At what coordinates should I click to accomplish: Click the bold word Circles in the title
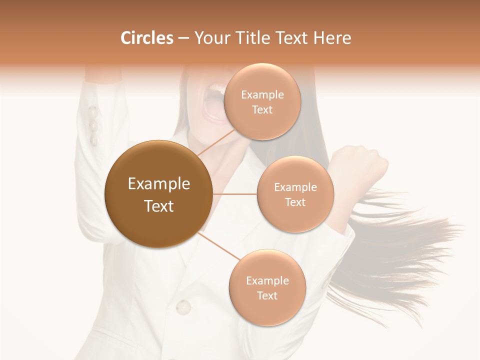(x=146, y=38)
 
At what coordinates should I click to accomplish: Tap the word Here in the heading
(x=333, y=38)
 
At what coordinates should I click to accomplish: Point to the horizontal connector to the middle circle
(x=235, y=194)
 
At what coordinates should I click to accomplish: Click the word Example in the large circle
(x=159, y=184)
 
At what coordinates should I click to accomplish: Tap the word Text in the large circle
(x=159, y=206)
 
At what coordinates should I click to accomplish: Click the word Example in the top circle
(x=262, y=95)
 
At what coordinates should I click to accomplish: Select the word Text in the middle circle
(x=295, y=202)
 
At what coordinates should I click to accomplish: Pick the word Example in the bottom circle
(x=267, y=281)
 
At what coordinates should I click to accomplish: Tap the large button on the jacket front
(x=183, y=306)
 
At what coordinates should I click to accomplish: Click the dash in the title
(x=183, y=38)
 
